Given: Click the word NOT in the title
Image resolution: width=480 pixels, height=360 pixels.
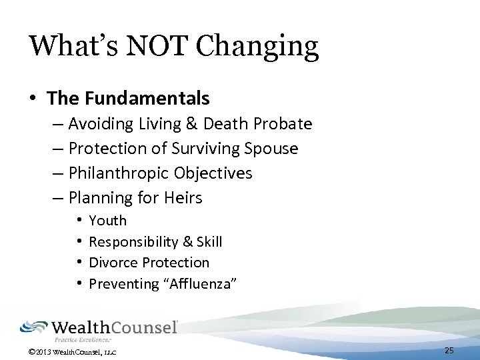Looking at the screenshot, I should click(x=156, y=45).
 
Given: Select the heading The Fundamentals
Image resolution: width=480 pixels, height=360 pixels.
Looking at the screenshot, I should click(x=128, y=99).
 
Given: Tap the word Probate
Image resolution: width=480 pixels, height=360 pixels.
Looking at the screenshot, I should click(x=281, y=124).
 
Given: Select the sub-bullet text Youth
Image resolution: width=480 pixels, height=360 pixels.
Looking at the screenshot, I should click(x=107, y=221).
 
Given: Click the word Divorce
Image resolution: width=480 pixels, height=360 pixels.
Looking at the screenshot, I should click(x=113, y=263).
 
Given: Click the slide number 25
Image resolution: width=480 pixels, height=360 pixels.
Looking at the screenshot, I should click(x=449, y=350).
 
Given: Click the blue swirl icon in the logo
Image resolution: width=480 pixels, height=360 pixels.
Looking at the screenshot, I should click(x=33, y=327).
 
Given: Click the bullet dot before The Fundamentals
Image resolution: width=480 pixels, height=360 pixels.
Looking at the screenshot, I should click(x=33, y=99).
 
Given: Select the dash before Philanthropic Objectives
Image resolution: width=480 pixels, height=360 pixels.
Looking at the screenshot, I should click(x=60, y=173).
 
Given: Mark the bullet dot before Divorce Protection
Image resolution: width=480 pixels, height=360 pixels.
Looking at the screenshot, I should click(x=79, y=263).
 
